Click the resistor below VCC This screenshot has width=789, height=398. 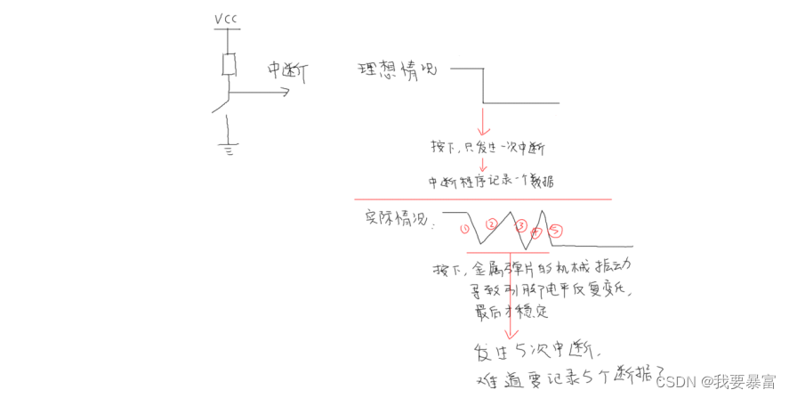tap(229, 65)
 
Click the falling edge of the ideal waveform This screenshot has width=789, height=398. tap(482, 85)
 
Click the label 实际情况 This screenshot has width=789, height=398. tap(399, 220)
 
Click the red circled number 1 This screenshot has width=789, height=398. tap(463, 229)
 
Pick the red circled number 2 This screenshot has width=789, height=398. tap(491, 223)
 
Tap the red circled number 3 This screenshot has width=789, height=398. tap(521, 225)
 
